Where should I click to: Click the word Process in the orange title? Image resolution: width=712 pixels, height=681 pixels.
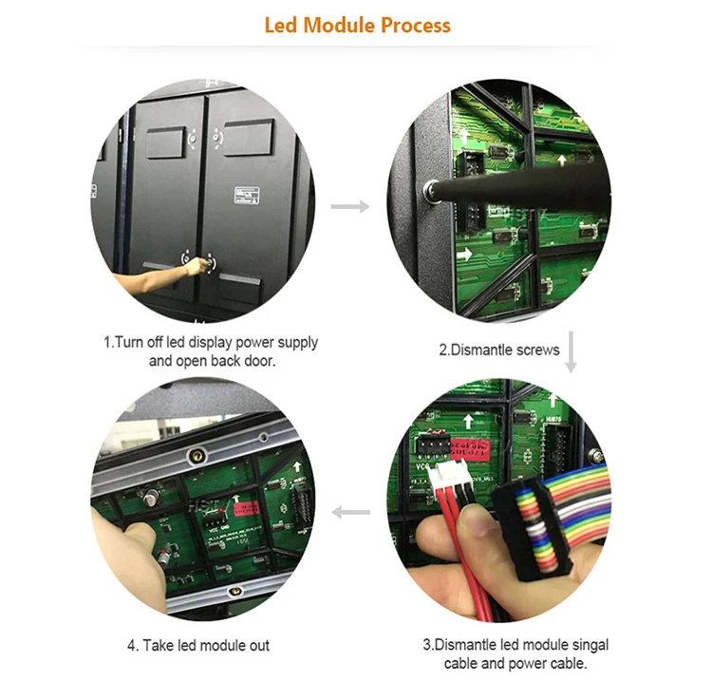[x=416, y=25]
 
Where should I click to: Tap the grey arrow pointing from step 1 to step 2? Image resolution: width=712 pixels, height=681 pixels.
[x=349, y=205]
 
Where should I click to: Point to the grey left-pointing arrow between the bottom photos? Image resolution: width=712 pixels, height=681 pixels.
[x=349, y=513]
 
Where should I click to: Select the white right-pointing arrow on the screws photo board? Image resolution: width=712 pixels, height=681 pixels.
[x=466, y=255]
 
